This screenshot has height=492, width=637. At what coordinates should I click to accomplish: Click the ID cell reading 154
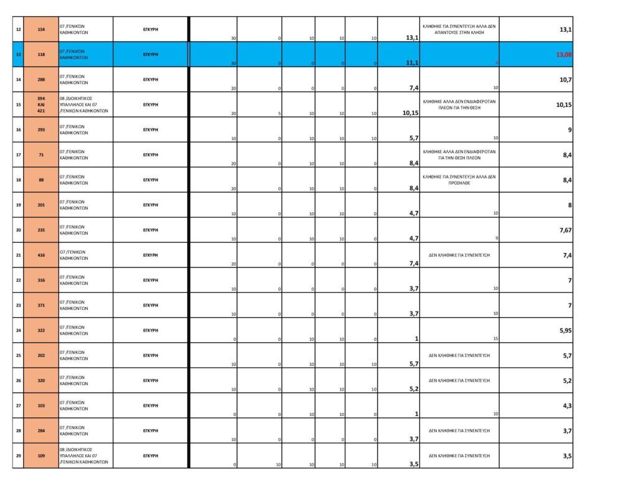pyautogui.click(x=41, y=29)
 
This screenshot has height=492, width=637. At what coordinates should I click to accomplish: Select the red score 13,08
pyautogui.click(x=564, y=55)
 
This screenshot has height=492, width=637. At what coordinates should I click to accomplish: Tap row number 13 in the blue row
pyautogui.click(x=18, y=55)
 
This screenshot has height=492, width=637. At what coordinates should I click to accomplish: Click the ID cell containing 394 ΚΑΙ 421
pyautogui.click(x=41, y=104)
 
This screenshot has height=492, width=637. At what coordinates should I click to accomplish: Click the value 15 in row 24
pyautogui.click(x=496, y=338)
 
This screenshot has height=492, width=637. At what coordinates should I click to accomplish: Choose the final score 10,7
pyautogui.click(x=565, y=80)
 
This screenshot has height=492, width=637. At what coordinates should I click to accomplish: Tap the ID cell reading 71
pyautogui.click(x=41, y=155)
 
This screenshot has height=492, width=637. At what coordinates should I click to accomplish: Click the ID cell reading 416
pyautogui.click(x=41, y=255)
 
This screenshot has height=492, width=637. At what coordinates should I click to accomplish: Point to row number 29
pyautogui.click(x=18, y=456)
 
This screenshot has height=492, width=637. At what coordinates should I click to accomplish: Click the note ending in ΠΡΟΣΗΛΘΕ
pyautogui.click(x=459, y=180)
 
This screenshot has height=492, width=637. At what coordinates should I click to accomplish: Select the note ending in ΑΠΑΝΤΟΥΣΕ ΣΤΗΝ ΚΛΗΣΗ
pyautogui.click(x=459, y=29)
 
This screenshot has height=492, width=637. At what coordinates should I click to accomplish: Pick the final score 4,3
pyautogui.click(x=566, y=406)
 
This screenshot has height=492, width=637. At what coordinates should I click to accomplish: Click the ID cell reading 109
pyautogui.click(x=41, y=456)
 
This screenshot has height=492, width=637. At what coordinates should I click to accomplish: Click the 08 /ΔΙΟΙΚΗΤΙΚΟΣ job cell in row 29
pyautogui.click(x=85, y=456)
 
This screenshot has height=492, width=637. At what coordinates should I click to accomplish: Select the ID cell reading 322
pyautogui.click(x=41, y=330)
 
